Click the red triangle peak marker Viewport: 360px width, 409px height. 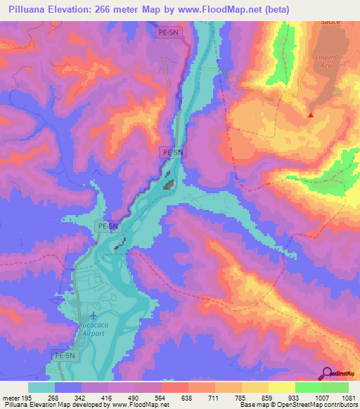tap(310, 115)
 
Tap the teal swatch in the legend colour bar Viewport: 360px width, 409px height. tap(41, 387)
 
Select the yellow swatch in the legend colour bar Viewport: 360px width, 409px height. tap(281, 387)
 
